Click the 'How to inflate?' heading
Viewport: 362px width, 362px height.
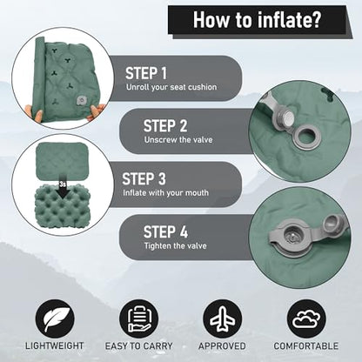(x=257, y=20)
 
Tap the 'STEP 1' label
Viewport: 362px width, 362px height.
(x=146, y=73)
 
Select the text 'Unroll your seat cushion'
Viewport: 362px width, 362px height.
(x=171, y=87)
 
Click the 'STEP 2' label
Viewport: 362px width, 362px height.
(x=165, y=126)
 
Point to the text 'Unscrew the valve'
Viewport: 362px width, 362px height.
(x=178, y=139)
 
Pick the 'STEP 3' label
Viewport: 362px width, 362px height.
(x=144, y=178)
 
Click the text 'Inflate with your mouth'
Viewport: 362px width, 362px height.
(x=165, y=192)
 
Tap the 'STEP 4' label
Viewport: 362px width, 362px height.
(x=165, y=232)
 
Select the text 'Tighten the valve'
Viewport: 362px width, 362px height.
(x=176, y=246)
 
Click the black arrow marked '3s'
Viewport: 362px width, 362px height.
(x=63, y=189)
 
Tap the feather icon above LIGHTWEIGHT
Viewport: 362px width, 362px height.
(x=55, y=319)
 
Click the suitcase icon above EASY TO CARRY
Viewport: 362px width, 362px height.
(x=138, y=319)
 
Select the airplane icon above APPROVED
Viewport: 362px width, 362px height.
(x=222, y=319)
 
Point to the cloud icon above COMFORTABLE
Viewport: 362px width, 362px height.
(x=306, y=319)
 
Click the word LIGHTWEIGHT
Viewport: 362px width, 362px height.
(x=54, y=345)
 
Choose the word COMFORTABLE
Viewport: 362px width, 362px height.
(x=306, y=345)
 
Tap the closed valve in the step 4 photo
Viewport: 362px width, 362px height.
(x=290, y=238)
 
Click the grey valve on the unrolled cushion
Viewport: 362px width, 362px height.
(x=80, y=100)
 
